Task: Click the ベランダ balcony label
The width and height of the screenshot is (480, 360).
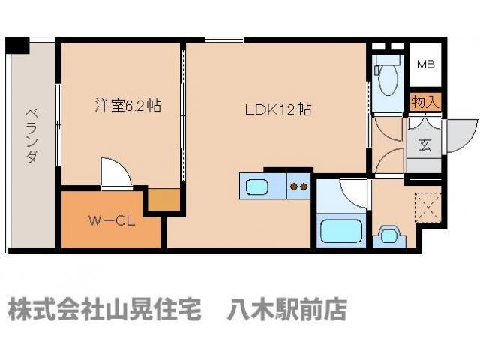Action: (x=32, y=135)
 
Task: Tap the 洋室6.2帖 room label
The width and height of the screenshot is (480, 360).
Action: (x=127, y=106)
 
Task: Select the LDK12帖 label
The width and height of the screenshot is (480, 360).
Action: (x=278, y=109)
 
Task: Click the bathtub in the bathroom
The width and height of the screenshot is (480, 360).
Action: (x=341, y=229)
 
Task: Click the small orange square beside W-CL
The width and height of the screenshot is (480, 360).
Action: (x=164, y=200)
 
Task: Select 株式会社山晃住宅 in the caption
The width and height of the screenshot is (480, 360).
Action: (x=105, y=309)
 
